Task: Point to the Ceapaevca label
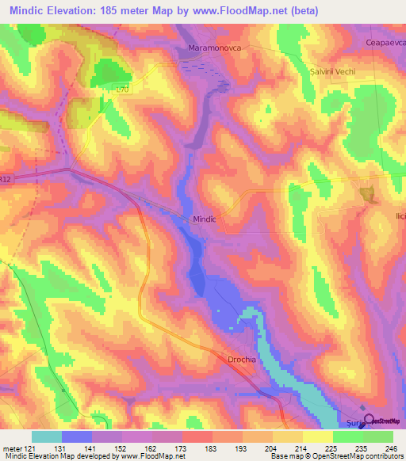[385, 43]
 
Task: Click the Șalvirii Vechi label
[336, 72]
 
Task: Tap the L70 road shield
[121, 90]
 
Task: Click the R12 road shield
[6, 180]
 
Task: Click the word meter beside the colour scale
[10, 448]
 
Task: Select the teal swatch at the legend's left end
[46, 436]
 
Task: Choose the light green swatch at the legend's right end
[378, 436]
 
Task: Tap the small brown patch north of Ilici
[367, 192]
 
